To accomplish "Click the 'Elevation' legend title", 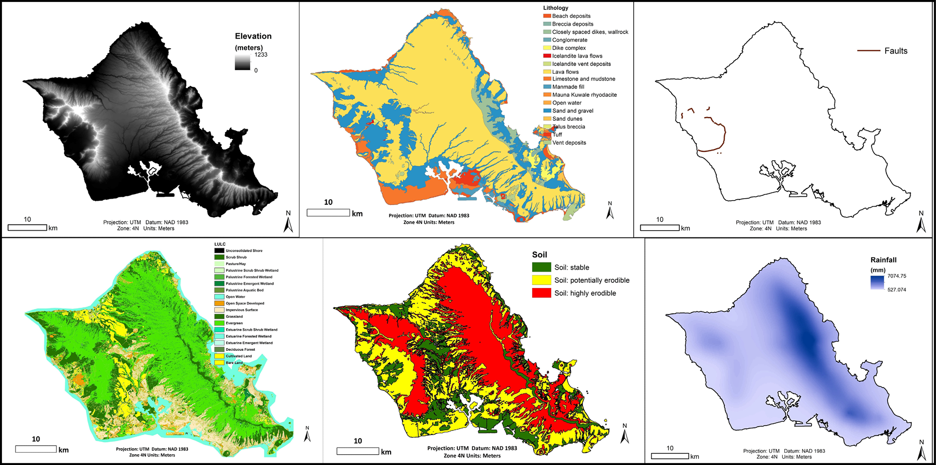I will click(x=253, y=36).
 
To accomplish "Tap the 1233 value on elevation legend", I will click(x=261, y=54).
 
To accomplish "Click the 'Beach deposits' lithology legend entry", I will click(x=571, y=16).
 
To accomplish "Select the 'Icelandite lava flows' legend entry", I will click(x=577, y=56).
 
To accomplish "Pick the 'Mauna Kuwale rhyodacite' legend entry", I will click(x=584, y=95).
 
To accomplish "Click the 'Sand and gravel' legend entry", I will click(x=572, y=111).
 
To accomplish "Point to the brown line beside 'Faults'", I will click(x=868, y=51).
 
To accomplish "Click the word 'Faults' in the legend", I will click(x=896, y=51).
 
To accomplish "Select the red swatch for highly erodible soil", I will click(x=541, y=293).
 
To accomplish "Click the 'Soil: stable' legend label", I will click(x=571, y=267).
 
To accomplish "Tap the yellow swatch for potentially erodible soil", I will click(x=541, y=280).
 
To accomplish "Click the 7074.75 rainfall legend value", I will click(x=897, y=276).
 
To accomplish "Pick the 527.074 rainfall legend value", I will click(x=897, y=290).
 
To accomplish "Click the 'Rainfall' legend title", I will click(x=883, y=260).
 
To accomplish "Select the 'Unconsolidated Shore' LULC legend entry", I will click(x=244, y=251).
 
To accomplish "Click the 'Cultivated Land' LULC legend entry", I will click(x=238, y=356).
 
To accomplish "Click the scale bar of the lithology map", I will click(x=328, y=213).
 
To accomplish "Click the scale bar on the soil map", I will click(x=358, y=451).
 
